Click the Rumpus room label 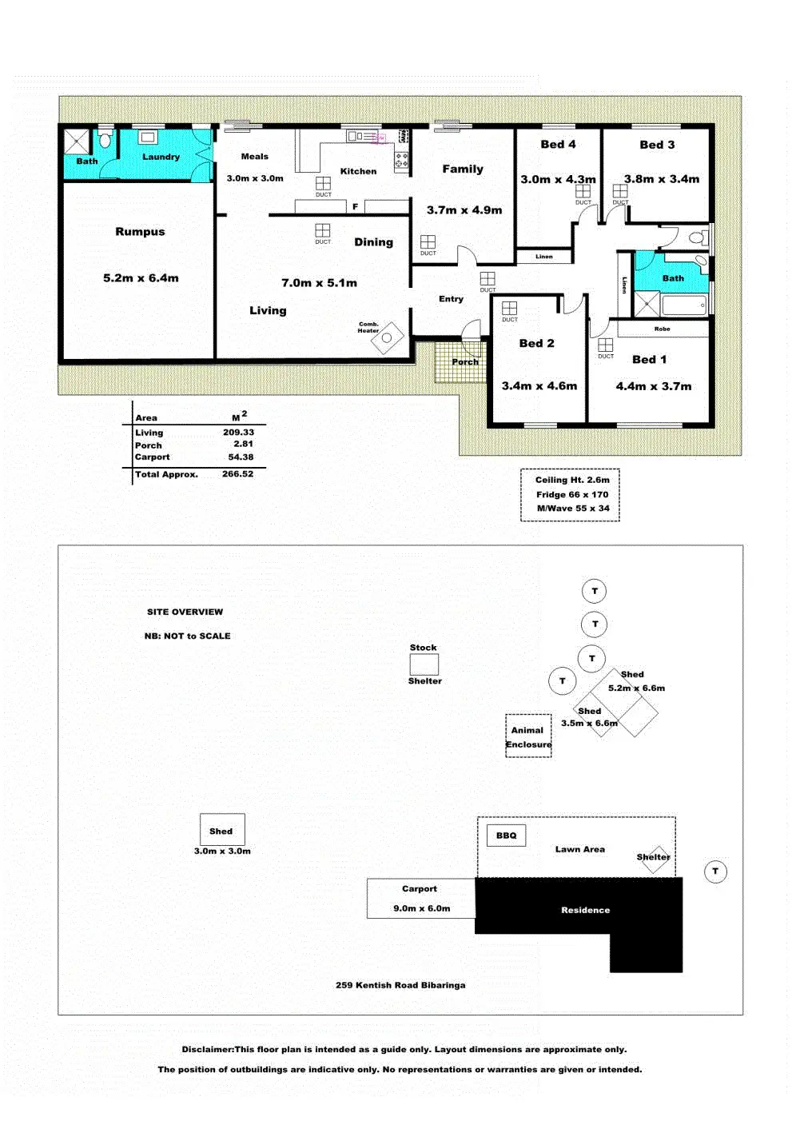click(140, 232)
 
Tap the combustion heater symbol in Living click(388, 337)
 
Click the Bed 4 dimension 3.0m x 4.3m click(558, 180)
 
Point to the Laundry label click(161, 157)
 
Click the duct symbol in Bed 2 click(509, 309)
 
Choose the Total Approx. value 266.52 click(237, 474)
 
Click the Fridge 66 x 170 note click(571, 495)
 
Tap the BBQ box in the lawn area click(506, 836)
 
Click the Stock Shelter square click(424, 664)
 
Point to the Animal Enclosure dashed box click(528, 736)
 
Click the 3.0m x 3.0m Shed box click(221, 831)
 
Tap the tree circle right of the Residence click(715, 872)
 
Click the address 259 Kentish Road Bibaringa click(400, 985)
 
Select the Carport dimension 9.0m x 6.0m click(421, 908)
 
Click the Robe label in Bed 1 click(662, 329)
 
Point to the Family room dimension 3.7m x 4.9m click(464, 210)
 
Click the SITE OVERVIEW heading click(185, 612)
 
